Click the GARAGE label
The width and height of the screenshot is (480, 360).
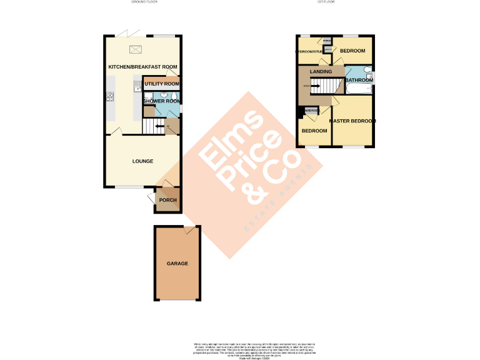pos(177,264)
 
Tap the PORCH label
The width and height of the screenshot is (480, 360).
pos(167,201)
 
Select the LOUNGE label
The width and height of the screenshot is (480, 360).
pos(142,161)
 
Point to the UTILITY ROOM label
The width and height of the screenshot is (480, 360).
pos(162,84)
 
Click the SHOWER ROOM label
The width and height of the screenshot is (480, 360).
pos(162,101)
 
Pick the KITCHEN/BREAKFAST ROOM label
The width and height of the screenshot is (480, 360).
pos(142,67)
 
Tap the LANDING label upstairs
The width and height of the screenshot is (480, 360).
pos(321,72)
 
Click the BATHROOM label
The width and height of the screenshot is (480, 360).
pos(359,80)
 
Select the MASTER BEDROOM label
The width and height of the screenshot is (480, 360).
pos(352,121)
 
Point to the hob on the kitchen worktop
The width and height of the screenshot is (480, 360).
pos(109,96)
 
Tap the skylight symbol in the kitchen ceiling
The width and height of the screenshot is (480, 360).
pos(136,51)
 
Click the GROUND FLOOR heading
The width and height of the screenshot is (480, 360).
pos(144,2)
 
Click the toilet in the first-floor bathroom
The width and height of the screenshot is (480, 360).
pos(369,71)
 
